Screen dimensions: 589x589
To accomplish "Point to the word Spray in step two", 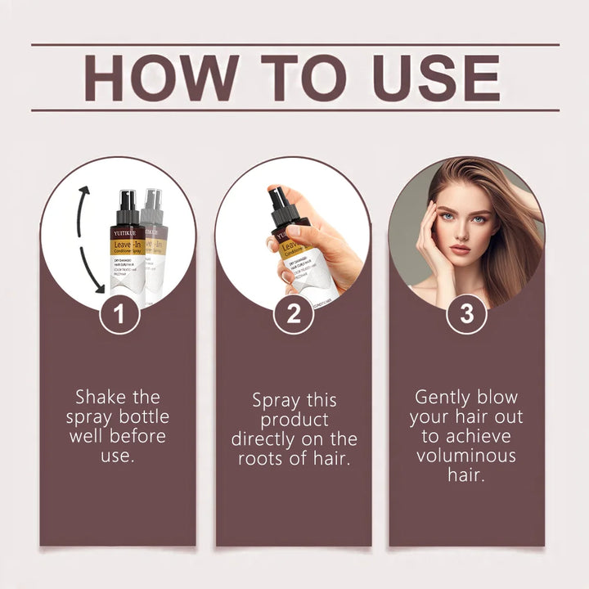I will pyautogui.click(x=277, y=401).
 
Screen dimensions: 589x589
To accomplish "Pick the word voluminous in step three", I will pyautogui.click(x=466, y=456).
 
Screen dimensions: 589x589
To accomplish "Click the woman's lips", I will pyautogui.click(x=460, y=249).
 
